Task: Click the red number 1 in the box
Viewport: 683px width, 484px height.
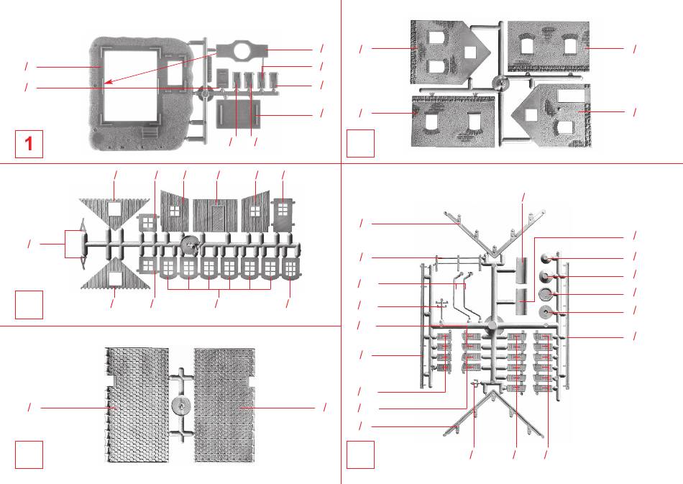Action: [29, 144]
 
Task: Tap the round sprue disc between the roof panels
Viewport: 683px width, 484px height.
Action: [180, 405]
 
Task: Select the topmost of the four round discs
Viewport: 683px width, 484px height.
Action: [545, 258]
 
